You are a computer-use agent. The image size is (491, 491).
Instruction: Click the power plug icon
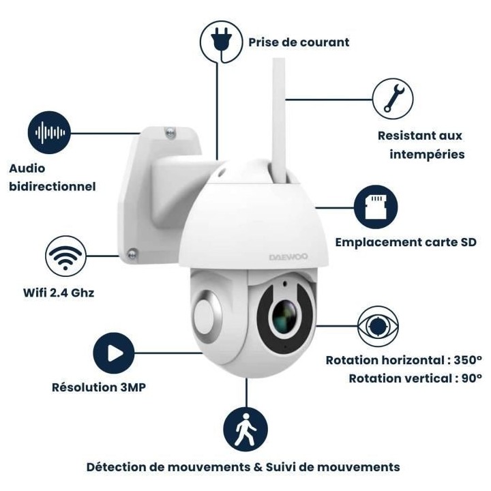click(221, 42)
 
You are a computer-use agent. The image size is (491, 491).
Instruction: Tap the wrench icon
click(393, 99)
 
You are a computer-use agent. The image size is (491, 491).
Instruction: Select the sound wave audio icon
click(49, 132)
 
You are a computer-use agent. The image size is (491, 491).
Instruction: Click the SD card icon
click(376, 207)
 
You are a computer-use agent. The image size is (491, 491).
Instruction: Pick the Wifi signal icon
click(65, 256)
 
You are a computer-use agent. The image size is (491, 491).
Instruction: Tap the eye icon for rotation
click(378, 326)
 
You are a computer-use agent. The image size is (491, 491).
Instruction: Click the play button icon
click(114, 353)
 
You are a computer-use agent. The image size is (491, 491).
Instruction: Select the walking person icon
click(245, 430)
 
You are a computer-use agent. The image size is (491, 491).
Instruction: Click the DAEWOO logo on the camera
click(288, 257)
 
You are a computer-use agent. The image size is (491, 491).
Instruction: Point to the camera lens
click(285, 316)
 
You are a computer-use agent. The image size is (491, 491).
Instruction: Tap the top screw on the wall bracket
click(170, 133)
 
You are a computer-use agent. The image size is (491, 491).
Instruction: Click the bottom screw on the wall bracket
click(132, 254)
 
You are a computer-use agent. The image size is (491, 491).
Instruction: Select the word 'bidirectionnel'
click(53, 187)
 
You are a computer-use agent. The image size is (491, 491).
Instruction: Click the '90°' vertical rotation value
click(472, 378)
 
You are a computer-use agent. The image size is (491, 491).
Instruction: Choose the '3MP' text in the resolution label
click(133, 387)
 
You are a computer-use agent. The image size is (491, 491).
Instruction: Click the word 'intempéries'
click(427, 154)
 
